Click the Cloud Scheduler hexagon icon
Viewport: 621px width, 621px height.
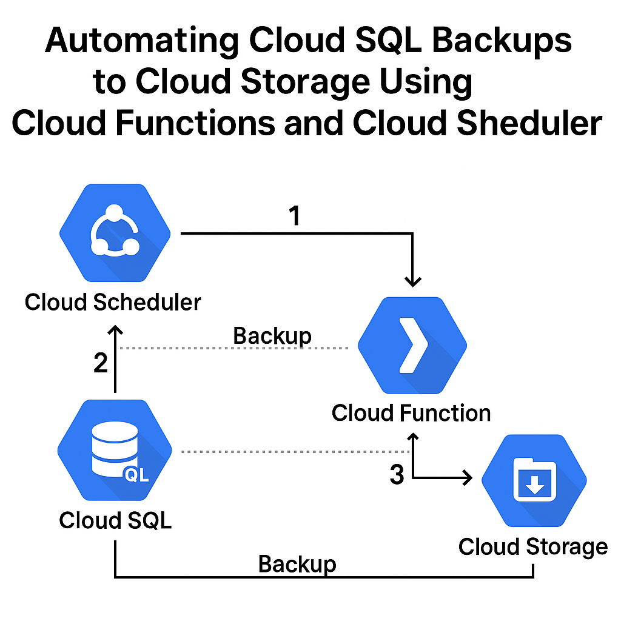(115, 233)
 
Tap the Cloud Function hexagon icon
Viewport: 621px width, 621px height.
(412, 346)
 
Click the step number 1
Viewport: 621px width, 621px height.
(295, 216)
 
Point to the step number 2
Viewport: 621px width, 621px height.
(101, 363)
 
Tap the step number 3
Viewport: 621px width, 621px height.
(397, 475)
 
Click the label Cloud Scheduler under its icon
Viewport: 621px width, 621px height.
(113, 301)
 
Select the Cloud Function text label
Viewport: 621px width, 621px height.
(411, 414)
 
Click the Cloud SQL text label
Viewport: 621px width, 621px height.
(115, 520)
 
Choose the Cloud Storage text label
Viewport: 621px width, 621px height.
(533, 546)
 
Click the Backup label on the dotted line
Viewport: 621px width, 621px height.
(272, 336)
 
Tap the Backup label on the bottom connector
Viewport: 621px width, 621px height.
(297, 564)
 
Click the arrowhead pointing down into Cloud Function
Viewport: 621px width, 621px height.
(413, 281)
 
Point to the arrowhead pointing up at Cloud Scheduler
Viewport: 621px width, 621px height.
(115, 331)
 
